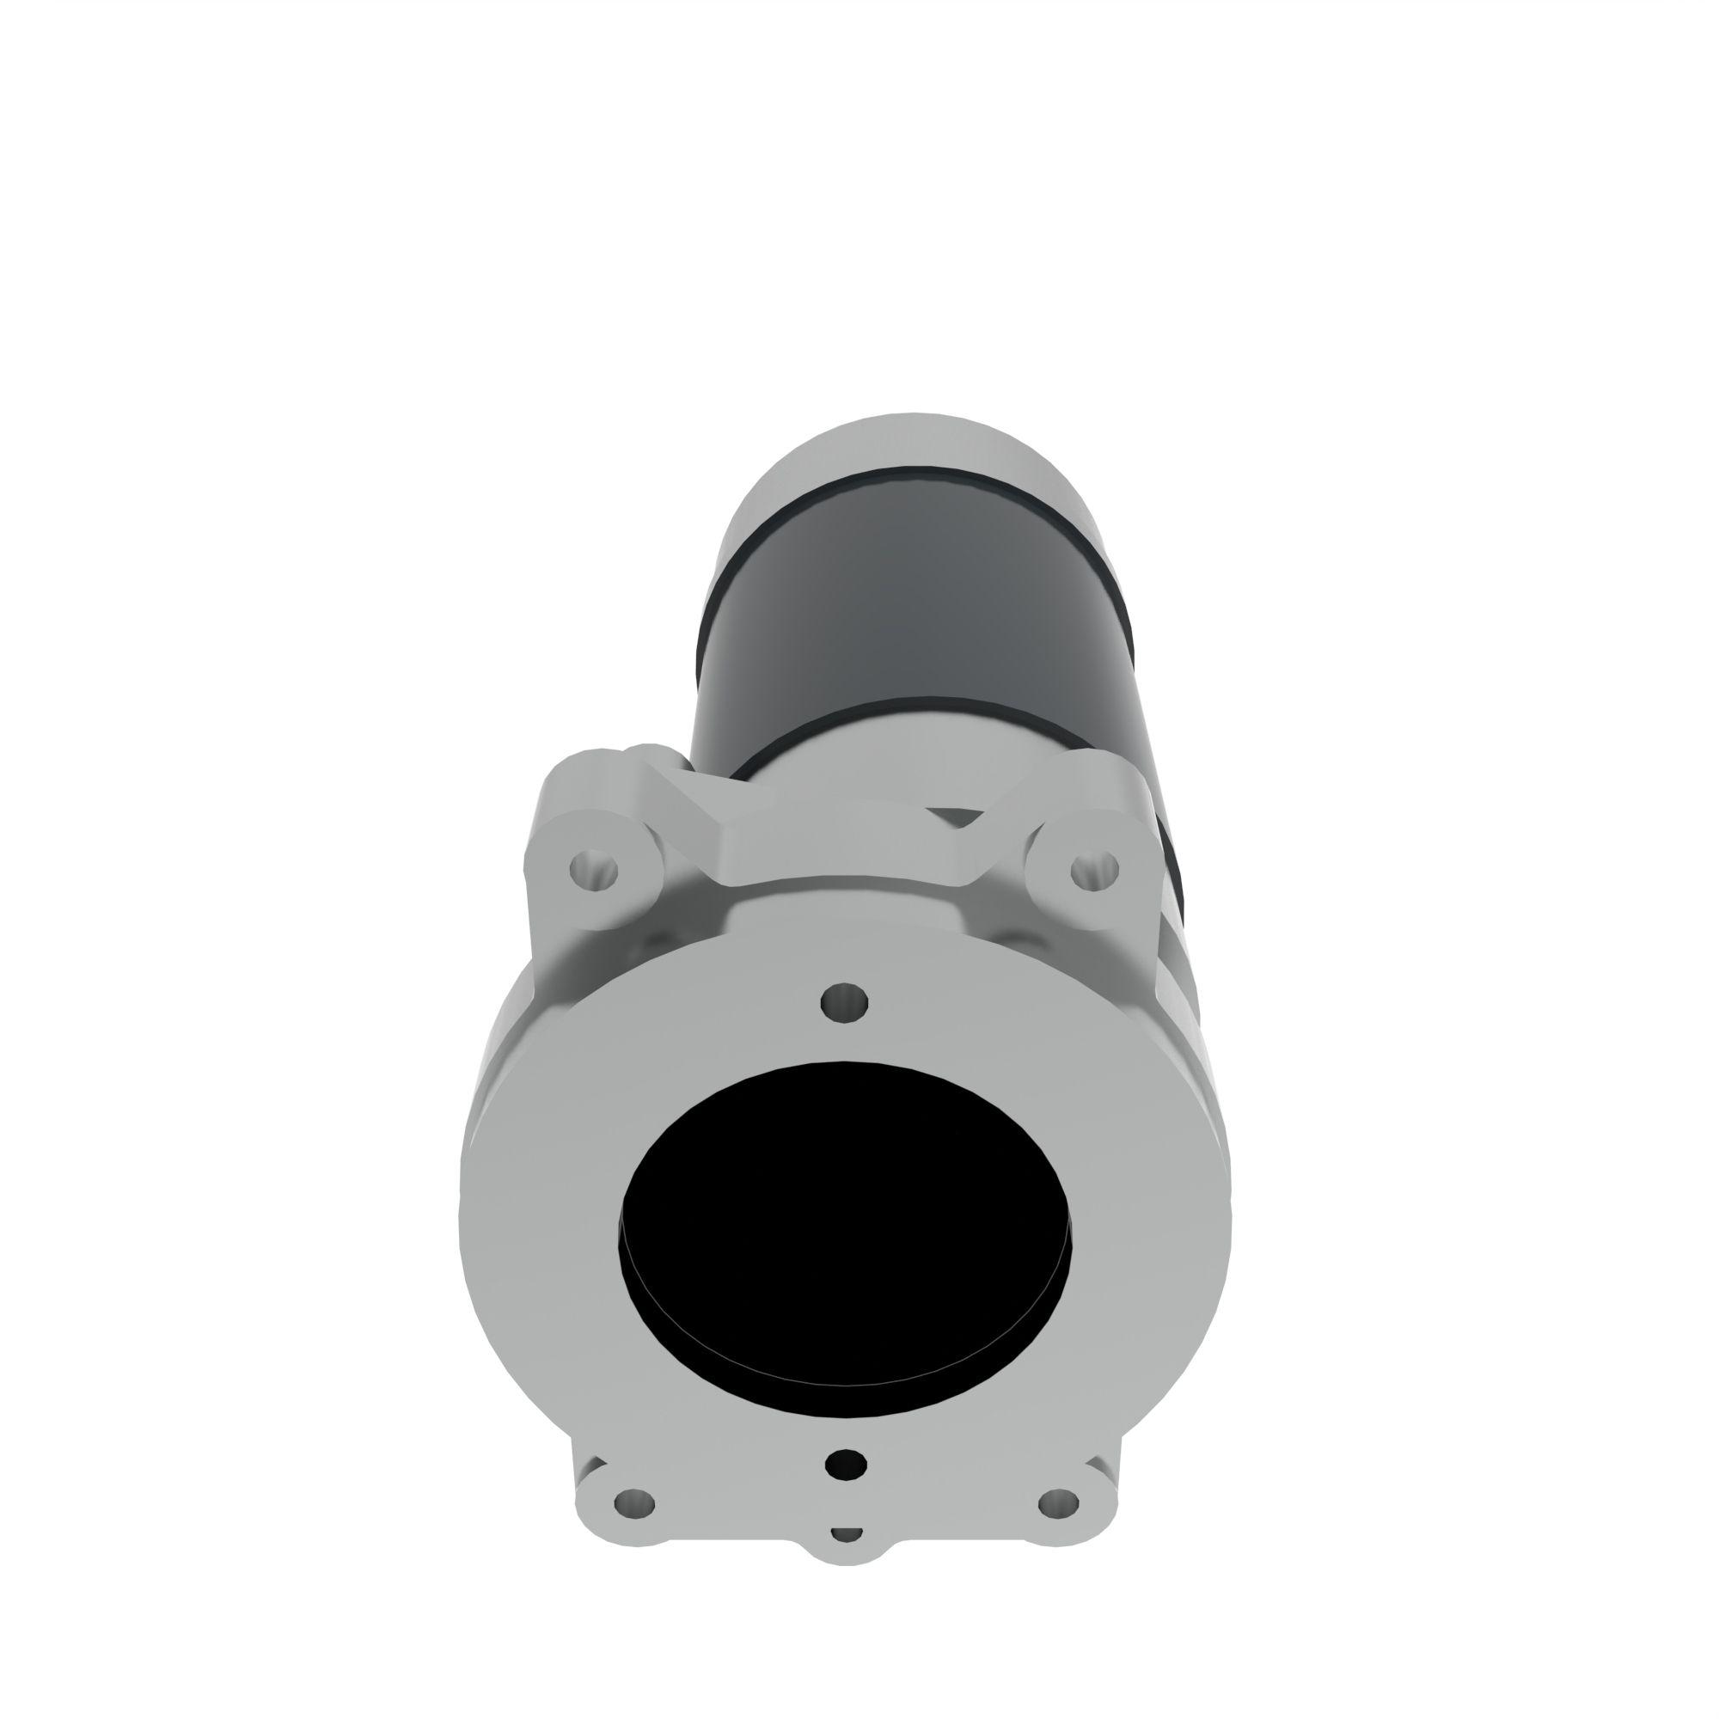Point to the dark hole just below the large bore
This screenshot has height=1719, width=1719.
(x=845, y=1462)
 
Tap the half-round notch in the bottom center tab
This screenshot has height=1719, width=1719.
(x=845, y=1558)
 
